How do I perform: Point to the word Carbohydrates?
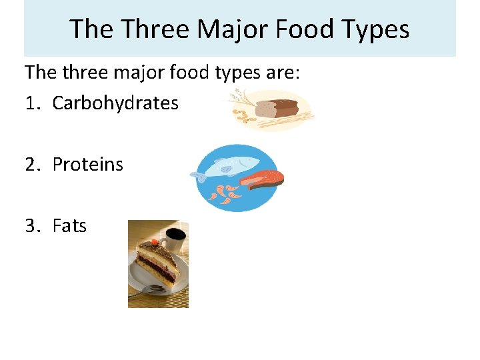[x=115, y=103]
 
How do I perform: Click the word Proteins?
[x=88, y=165]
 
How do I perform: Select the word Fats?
[x=69, y=226]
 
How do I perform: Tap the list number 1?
[x=30, y=103]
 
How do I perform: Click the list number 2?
[x=31, y=165]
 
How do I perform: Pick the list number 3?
[x=31, y=226]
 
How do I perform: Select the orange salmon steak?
[x=264, y=179]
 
